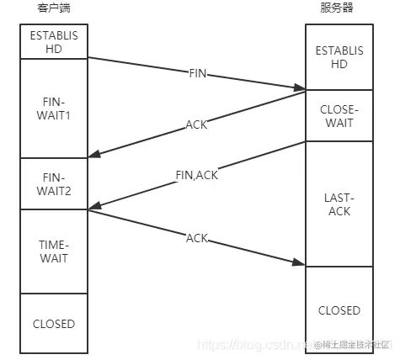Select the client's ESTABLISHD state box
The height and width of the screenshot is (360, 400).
[53, 43]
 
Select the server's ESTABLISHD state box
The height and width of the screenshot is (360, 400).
[339, 56]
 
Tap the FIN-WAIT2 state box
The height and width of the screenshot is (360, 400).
[53, 184]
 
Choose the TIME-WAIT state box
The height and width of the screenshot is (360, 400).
[53, 251]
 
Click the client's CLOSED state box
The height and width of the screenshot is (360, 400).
[53, 323]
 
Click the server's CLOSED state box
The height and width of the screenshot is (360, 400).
[339, 310]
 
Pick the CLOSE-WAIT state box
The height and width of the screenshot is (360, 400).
[339, 116]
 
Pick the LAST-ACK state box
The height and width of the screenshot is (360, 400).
[339, 204]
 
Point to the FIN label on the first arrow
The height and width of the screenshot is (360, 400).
[196, 73]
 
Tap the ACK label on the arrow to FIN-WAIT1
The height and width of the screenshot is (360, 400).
[195, 125]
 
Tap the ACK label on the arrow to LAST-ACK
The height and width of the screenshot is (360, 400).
[195, 238]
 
